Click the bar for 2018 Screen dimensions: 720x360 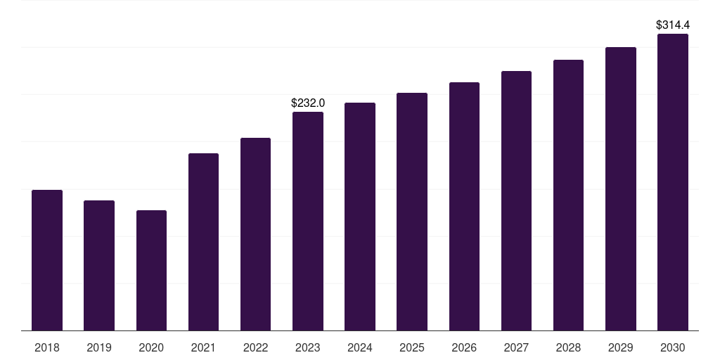click(x=47, y=260)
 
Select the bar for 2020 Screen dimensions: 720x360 click(x=152, y=271)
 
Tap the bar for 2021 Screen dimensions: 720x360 click(x=203, y=242)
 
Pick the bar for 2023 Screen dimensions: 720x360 click(x=308, y=221)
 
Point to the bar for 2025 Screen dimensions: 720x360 click(x=412, y=212)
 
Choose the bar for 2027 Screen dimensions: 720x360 click(x=516, y=200)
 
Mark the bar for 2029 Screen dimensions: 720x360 click(x=621, y=188)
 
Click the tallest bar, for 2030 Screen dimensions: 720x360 click(x=673, y=182)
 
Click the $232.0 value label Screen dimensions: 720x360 click(x=308, y=103)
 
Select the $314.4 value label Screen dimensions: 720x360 click(x=673, y=25)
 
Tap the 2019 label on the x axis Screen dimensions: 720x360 click(x=99, y=348)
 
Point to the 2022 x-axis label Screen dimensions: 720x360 click(x=255, y=348)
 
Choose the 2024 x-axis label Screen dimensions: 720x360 click(x=360, y=348)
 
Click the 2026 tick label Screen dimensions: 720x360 click(x=464, y=348)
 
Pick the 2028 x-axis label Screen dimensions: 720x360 click(x=568, y=348)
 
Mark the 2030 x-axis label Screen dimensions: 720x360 click(x=673, y=348)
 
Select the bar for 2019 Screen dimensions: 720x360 click(x=99, y=265)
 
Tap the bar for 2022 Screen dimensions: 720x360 click(x=255, y=234)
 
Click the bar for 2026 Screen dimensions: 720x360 click(x=464, y=207)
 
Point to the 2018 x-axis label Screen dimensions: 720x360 click(x=47, y=348)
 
